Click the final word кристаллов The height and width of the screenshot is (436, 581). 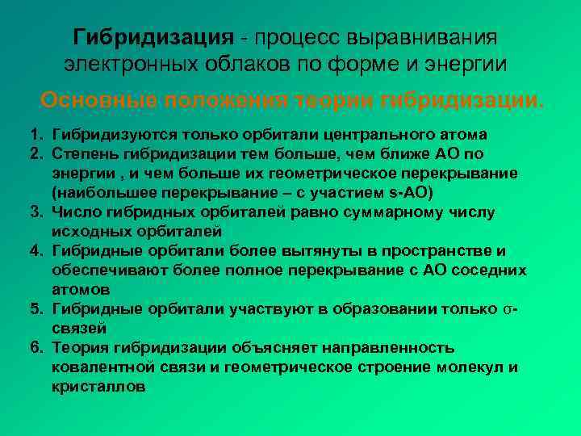(98, 386)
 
